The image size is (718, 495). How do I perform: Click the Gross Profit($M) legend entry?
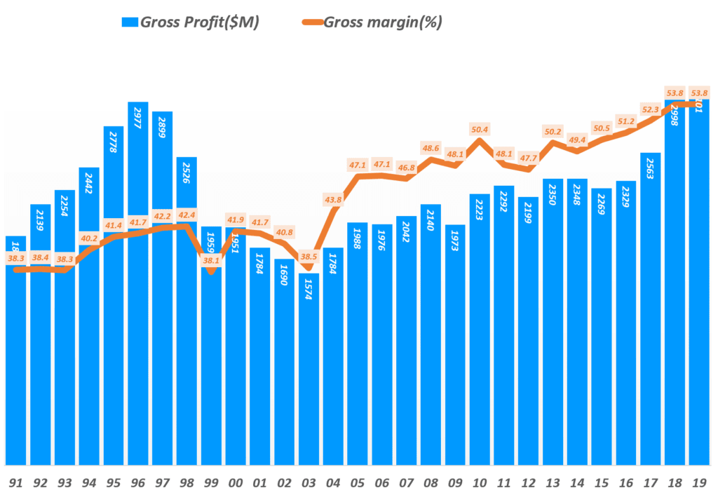coord(190,22)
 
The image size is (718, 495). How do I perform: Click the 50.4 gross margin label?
coord(480,128)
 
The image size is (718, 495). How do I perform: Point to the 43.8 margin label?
coord(334,200)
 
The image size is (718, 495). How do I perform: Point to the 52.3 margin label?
coord(651,109)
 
